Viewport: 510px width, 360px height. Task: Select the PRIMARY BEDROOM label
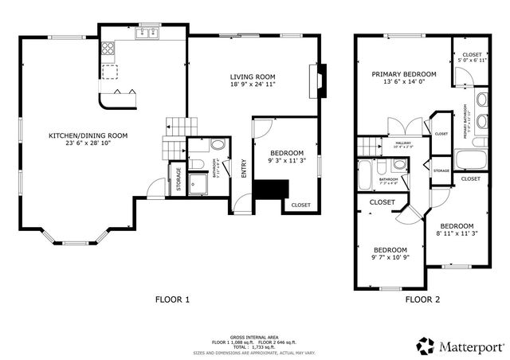pyautogui.click(x=403, y=73)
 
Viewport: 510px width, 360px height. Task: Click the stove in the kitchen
pyautogui.click(x=108, y=53)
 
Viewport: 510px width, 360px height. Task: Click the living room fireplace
pyautogui.click(x=317, y=80)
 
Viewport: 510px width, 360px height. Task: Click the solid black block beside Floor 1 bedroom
pyautogui.click(x=269, y=190)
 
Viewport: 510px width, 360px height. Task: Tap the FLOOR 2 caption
pyautogui.click(x=422, y=299)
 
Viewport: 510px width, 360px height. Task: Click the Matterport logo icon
pyautogui.click(x=425, y=345)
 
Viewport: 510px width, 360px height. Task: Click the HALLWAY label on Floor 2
pyautogui.click(x=402, y=143)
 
